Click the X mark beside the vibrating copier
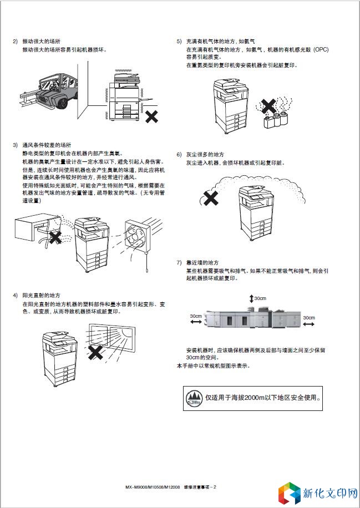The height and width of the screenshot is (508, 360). click(150, 116)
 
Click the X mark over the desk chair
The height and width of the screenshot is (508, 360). click(55, 238)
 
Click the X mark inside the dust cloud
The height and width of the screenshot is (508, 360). click(210, 198)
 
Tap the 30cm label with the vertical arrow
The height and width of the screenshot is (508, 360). click(260, 298)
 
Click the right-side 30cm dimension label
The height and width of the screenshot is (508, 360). click(308, 318)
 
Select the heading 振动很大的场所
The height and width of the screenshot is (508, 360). click(41, 42)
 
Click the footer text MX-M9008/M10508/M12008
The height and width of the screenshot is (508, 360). click(154, 487)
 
